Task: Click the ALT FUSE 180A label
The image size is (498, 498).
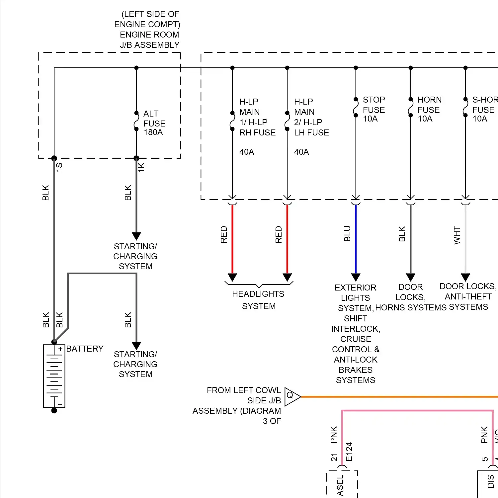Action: click(x=154, y=123)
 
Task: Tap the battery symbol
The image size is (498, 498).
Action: click(x=54, y=376)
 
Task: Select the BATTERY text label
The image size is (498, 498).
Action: click(x=85, y=349)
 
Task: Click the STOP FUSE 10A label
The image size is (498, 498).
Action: click(x=373, y=109)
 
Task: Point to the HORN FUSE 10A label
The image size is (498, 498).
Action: click(x=429, y=109)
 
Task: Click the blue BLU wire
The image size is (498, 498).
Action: click(x=356, y=239)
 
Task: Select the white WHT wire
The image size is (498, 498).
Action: click(x=465, y=239)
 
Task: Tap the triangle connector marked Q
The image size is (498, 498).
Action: click(x=291, y=396)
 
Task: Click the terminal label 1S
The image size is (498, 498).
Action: click(x=59, y=167)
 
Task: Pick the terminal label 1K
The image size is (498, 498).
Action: click(x=141, y=167)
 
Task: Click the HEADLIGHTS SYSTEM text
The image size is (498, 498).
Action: click(x=259, y=300)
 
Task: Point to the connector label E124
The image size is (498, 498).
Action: click(x=349, y=452)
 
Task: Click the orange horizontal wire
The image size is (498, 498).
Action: click(x=398, y=397)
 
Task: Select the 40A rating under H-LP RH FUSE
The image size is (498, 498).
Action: click(x=247, y=152)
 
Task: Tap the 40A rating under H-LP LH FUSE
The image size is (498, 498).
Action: click(x=301, y=152)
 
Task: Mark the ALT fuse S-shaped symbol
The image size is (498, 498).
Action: click(x=136, y=121)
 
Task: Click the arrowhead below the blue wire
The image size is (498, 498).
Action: click(x=356, y=277)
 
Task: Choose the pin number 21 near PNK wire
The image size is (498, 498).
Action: click(x=334, y=457)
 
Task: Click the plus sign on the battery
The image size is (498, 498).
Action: click(x=60, y=349)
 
